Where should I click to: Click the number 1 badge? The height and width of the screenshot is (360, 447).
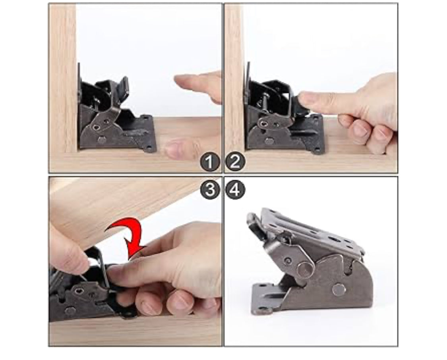[210, 162]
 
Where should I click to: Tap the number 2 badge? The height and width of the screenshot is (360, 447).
[235, 162]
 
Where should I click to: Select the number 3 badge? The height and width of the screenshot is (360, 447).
[210, 189]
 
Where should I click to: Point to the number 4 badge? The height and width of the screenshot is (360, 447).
[235, 189]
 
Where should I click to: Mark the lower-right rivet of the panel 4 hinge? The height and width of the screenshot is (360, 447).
[339, 290]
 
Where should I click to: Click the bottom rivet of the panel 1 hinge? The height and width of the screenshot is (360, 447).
[102, 140]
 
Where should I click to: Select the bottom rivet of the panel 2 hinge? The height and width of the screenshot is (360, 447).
[269, 141]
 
